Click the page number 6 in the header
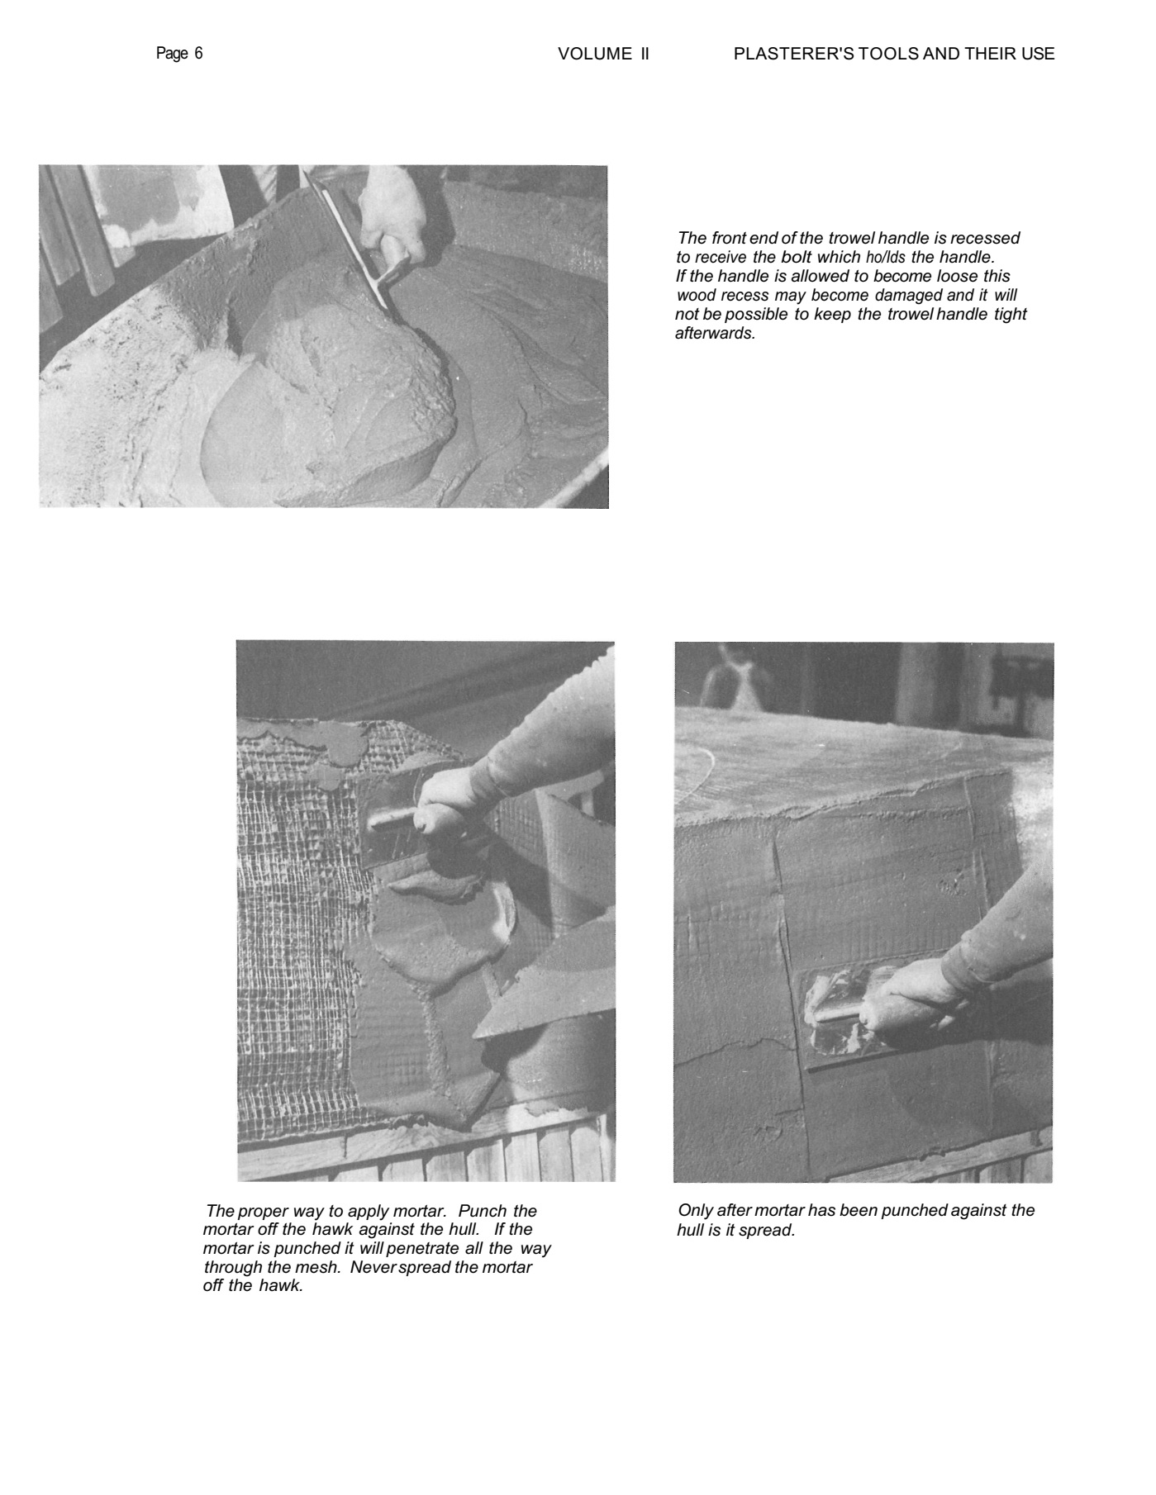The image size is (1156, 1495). pyautogui.click(x=198, y=54)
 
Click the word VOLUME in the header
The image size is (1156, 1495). pyautogui.click(x=595, y=54)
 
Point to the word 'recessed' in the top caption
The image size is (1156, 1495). pyautogui.click(x=985, y=238)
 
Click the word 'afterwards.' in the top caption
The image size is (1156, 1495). pyautogui.click(x=716, y=334)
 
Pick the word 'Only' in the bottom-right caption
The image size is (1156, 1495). pyautogui.click(x=695, y=1210)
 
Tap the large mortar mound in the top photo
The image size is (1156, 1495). pyautogui.click(x=331, y=388)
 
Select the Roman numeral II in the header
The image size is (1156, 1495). pyautogui.click(x=645, y=54)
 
